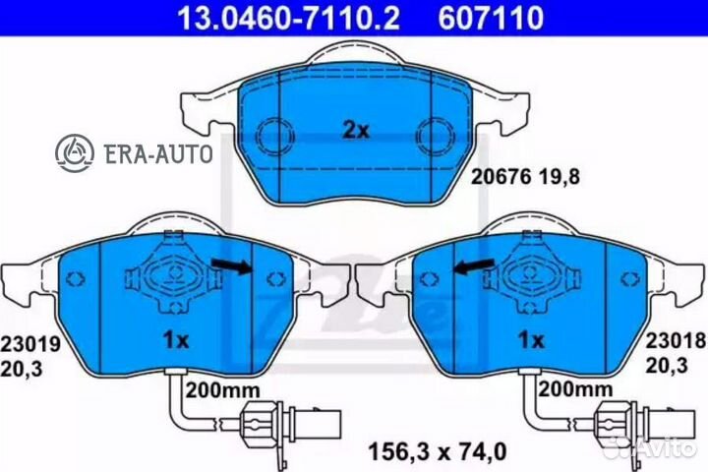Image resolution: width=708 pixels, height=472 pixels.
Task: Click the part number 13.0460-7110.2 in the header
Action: (288, 17)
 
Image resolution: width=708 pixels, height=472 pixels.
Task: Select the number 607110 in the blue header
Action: (491, 17)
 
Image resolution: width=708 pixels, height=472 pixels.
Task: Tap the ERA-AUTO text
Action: (158, 153)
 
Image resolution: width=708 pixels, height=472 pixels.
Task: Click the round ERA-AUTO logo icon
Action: (75, 153)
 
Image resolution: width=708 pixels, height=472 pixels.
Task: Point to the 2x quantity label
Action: (356, 131)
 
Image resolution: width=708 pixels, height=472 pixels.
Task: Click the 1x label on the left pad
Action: (176, 340)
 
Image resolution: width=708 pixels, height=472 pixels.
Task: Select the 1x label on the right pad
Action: (531, 340)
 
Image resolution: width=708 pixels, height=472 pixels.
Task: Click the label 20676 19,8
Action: (525, 177)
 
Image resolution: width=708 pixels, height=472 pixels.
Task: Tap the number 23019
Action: (30, 344)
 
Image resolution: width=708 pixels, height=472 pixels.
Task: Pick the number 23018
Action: (675, 341)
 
